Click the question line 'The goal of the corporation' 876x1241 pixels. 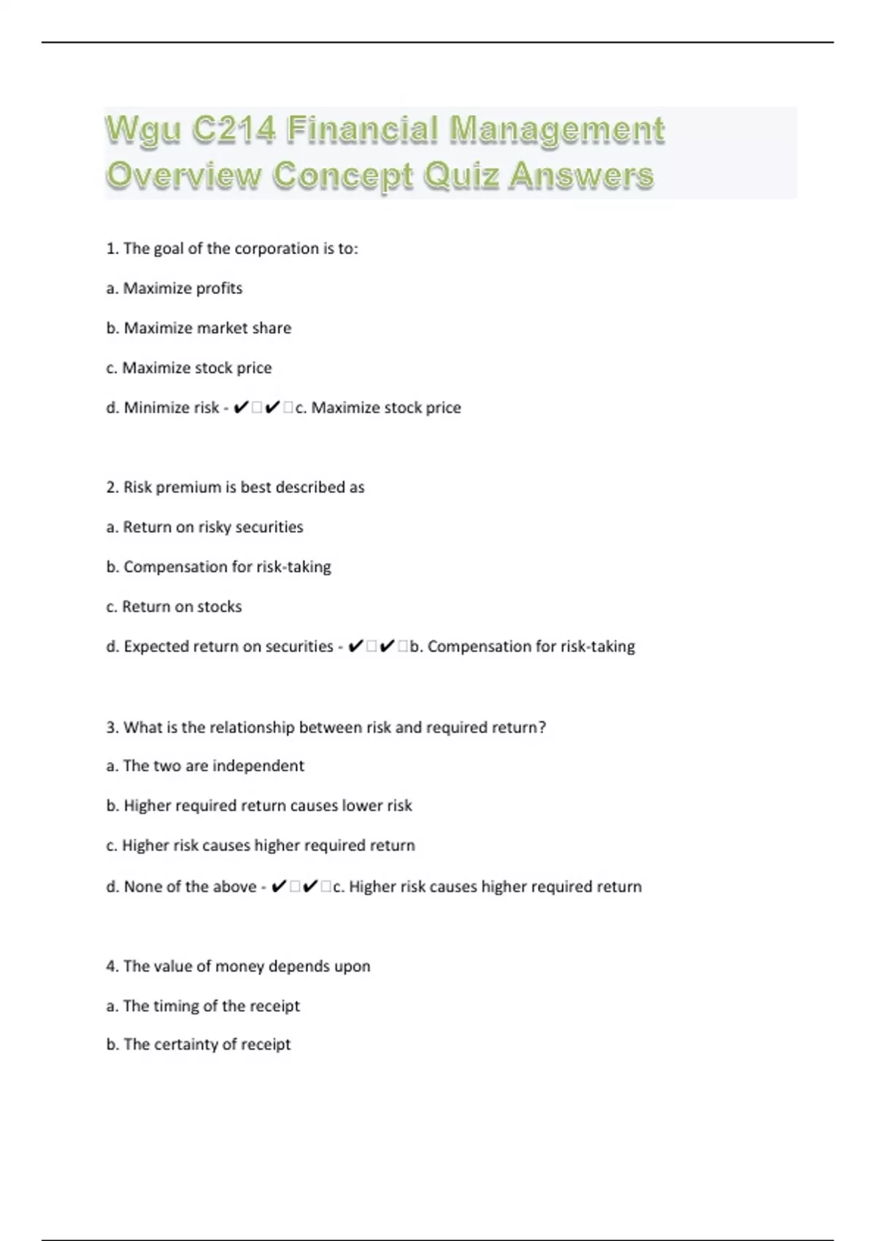click(232, 248)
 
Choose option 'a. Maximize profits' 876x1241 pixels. click(174, 288)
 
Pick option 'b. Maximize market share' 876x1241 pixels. click(199, 328)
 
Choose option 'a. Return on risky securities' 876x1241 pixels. click(204, 527)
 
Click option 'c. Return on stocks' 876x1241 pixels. click(174, 607)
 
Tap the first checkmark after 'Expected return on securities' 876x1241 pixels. click(356, 646)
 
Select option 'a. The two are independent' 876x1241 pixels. click(204, 766)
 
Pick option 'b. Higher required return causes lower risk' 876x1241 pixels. click(259, 805)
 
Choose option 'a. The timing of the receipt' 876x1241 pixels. click(203, 1006)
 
